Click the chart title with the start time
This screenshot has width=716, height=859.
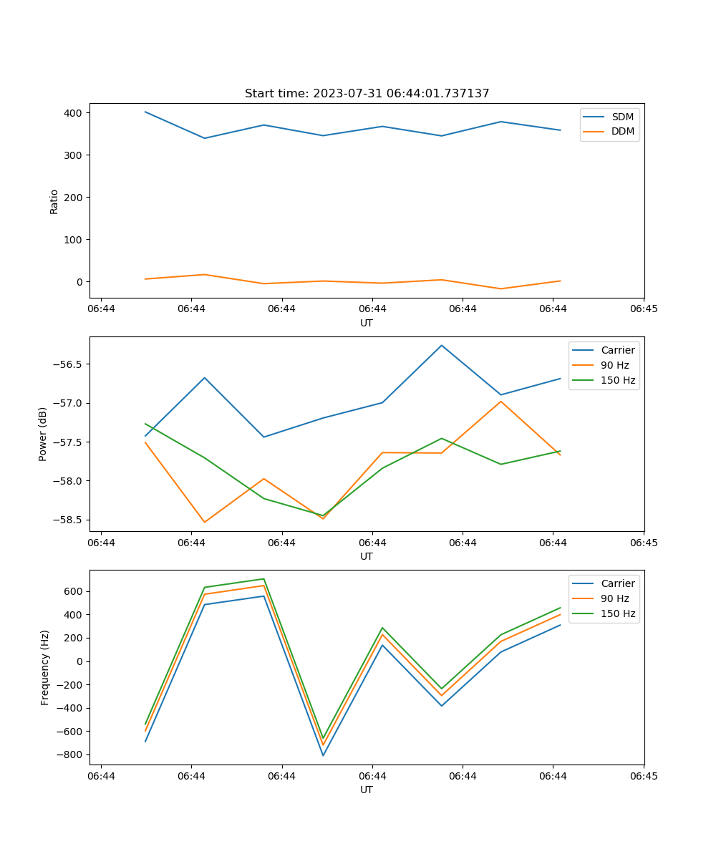[367, 94]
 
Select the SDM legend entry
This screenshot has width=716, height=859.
[622, 117]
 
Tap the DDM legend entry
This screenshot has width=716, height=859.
[622, 131]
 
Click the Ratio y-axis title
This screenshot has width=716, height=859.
[54, 201]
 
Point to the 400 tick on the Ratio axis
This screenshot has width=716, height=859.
[74, 113]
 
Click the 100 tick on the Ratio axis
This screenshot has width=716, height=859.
[74, 240]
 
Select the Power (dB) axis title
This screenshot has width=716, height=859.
[43, 434]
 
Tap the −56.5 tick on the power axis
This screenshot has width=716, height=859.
[67, 364]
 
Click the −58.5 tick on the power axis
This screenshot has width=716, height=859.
[67, 520]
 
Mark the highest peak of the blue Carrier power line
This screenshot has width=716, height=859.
[441, 345]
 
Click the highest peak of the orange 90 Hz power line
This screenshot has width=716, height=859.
[500, 401]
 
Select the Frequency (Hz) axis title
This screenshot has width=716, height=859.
[45, 667]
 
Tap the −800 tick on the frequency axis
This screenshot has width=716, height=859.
[69, 754]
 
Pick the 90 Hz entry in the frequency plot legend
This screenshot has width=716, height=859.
[614, 598]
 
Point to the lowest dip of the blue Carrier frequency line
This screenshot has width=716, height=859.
[323, 755]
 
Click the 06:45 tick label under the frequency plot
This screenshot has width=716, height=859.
[644, 775]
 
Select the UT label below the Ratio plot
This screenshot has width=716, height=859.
[367, 323]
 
